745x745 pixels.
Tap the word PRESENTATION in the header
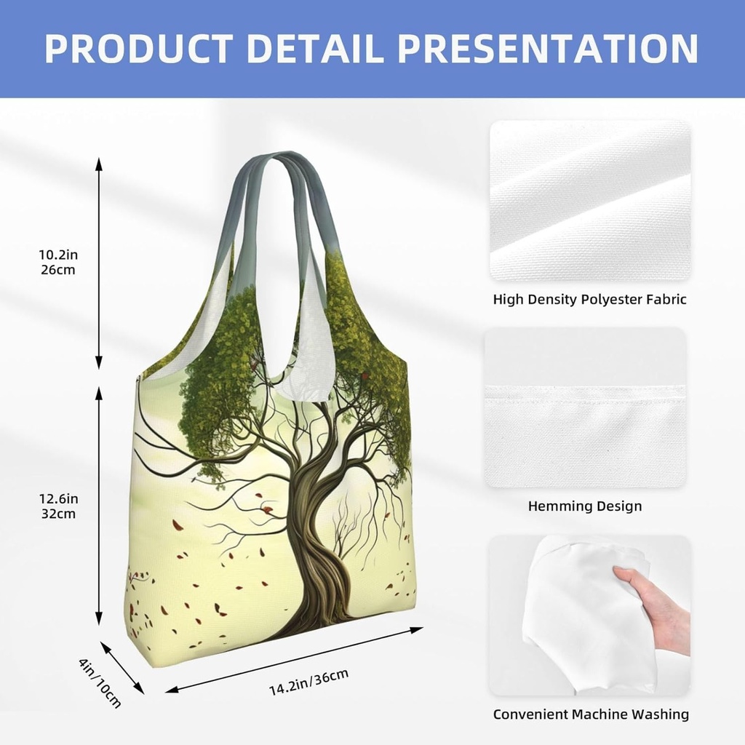pyautogui.click(x=549, y=48)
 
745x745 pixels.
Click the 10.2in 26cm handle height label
pyautogui.click(x=57, y=262)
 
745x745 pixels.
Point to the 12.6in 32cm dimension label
pyautogui.click(x=57, y=506)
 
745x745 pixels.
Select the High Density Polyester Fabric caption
pyautogui.click(x=589, y=299)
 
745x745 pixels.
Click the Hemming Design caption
pyautogui.click(x=585, y=506)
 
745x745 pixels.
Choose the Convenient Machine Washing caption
pyautogui.click(x=591, y=714)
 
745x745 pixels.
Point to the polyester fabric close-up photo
pyautogui.click(x=589, y=201)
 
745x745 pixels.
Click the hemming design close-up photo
pyautogui.click(x=585, y=407)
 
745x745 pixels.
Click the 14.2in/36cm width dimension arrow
pyautogui.click(x=294, y=659)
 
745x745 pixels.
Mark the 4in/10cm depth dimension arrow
pyautogui.click(x=121, y=667)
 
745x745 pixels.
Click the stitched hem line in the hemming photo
pyautogui.click(x=585, y=387)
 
